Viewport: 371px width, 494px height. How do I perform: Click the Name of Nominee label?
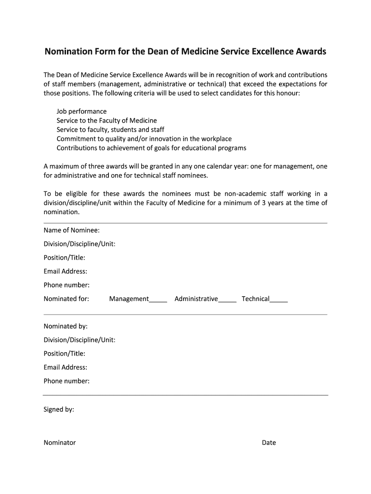coord(72,230)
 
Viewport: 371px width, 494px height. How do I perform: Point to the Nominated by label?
coord(66,326)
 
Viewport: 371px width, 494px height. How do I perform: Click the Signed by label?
coord(59,410)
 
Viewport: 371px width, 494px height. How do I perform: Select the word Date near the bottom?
coord(269,442)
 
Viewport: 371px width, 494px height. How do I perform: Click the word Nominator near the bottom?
coord(60,442)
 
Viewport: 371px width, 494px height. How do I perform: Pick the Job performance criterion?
coord(81,111)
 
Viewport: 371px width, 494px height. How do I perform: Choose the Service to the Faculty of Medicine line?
coord(106,121)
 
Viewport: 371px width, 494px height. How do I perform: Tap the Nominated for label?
coord(66,299)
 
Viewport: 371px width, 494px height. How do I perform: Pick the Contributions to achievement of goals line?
coord(151,148)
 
